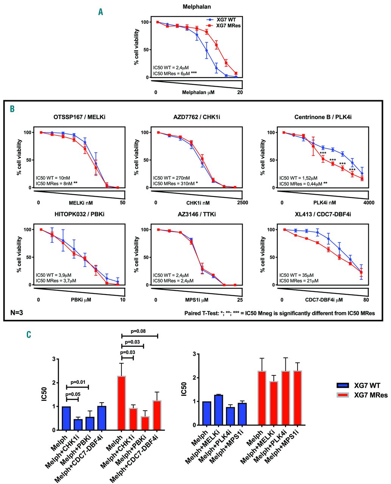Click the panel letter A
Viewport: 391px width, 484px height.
(x=101, y=12)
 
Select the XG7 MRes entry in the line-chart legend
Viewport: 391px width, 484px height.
(x=228, y=25)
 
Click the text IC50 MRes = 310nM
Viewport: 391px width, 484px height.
(x=176, y=183)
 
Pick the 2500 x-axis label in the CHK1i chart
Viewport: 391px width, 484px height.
(x=243, y=203)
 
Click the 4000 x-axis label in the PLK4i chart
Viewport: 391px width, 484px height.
(x=369, y=203)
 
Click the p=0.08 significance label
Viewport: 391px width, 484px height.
(x=139, y=331)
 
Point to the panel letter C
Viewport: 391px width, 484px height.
(x=29, y=335)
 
